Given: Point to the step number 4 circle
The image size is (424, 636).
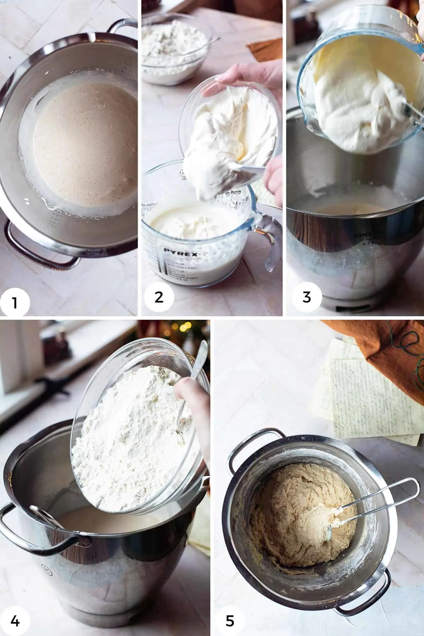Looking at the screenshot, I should point(15,620).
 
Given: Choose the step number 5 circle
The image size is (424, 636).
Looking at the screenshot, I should point(229,620).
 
